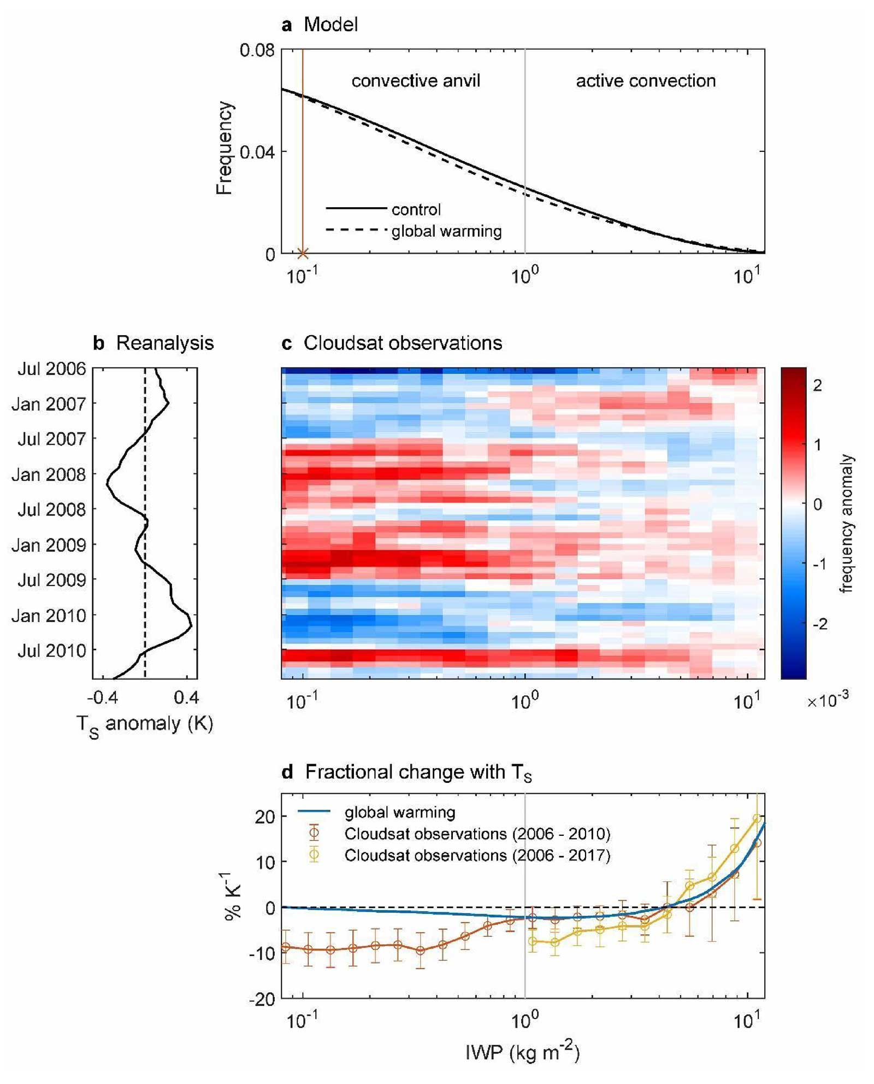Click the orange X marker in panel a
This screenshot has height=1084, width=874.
(x=303, y=254)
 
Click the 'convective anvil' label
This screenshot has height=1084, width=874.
(x=416, y=81)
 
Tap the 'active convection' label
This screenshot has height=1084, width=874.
(x=646, y=81)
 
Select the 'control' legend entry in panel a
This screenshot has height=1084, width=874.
(x=416, y=209)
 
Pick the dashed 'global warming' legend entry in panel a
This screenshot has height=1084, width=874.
(x=446, y=231)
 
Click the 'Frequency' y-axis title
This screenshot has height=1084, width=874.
(x=225, y=148)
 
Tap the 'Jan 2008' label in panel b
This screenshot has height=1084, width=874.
(x=49, y=474)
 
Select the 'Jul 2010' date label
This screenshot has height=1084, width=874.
(x=52, y=651)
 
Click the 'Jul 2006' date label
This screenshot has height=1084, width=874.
(x=52, y=369)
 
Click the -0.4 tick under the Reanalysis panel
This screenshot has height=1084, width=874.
(x=103, y=698)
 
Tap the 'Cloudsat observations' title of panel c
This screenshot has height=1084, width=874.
(x=403, y=343)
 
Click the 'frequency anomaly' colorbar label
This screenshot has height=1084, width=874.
(x=846, y=523)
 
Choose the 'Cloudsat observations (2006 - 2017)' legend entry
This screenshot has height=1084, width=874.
(x=477, y=856)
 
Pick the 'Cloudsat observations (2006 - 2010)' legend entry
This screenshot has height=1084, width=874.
(x=477, y=834)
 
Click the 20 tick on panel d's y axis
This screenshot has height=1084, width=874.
(x=264, y=817)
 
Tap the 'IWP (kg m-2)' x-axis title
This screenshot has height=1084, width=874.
(x=522, y=1052)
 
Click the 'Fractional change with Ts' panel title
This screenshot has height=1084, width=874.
(x=418, y=772)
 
